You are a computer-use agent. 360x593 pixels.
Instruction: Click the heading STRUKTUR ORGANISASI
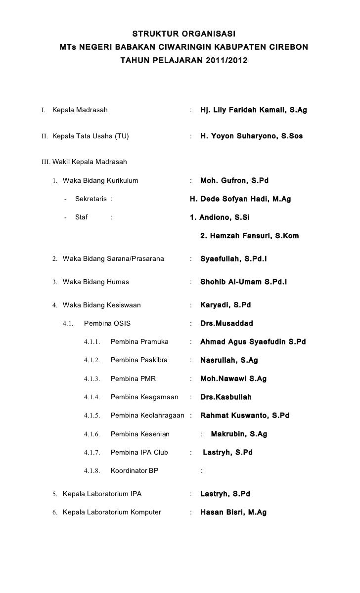point(183,34)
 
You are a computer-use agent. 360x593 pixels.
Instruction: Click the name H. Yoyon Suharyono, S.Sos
point(251,136)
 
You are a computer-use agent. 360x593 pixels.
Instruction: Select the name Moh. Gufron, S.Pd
point(234,181)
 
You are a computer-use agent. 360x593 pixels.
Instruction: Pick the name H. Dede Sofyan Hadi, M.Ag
point(240,199)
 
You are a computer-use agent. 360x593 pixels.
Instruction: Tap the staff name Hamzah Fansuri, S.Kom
point(249,236)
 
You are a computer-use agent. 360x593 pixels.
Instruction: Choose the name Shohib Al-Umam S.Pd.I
point(243,282)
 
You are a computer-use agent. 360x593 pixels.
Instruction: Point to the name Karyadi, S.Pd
point(225,305)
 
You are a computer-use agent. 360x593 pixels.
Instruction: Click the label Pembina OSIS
point(107,324)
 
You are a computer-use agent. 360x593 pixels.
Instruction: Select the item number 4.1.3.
point(92,379)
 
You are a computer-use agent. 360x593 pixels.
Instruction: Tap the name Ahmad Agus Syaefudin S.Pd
point(253,342)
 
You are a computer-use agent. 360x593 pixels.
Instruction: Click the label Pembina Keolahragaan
point(147,416)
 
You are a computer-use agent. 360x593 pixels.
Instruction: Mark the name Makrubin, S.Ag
point(239,434)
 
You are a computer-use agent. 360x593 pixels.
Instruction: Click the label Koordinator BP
point(134,471)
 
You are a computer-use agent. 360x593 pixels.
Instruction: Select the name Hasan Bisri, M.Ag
point(233,512)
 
